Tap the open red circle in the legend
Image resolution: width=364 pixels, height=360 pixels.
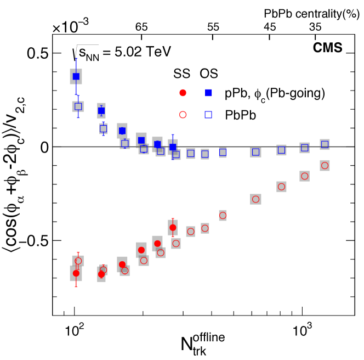183,114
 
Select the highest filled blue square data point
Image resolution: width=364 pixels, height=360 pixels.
76,76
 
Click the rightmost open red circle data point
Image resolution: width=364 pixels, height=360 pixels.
325,165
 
